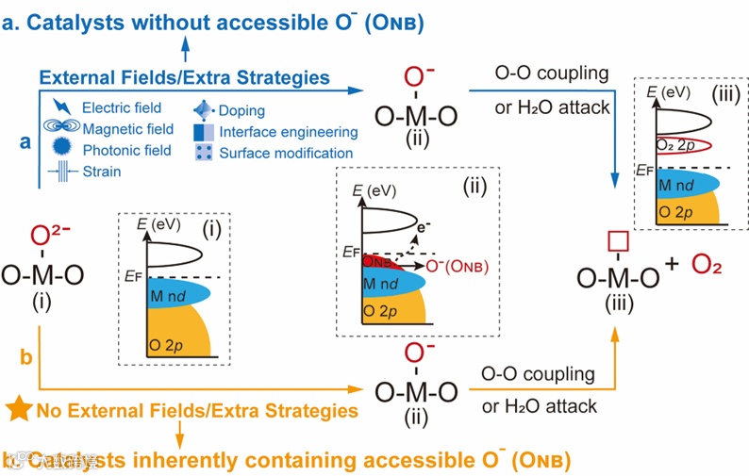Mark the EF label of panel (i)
click(x=130, y=276)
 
